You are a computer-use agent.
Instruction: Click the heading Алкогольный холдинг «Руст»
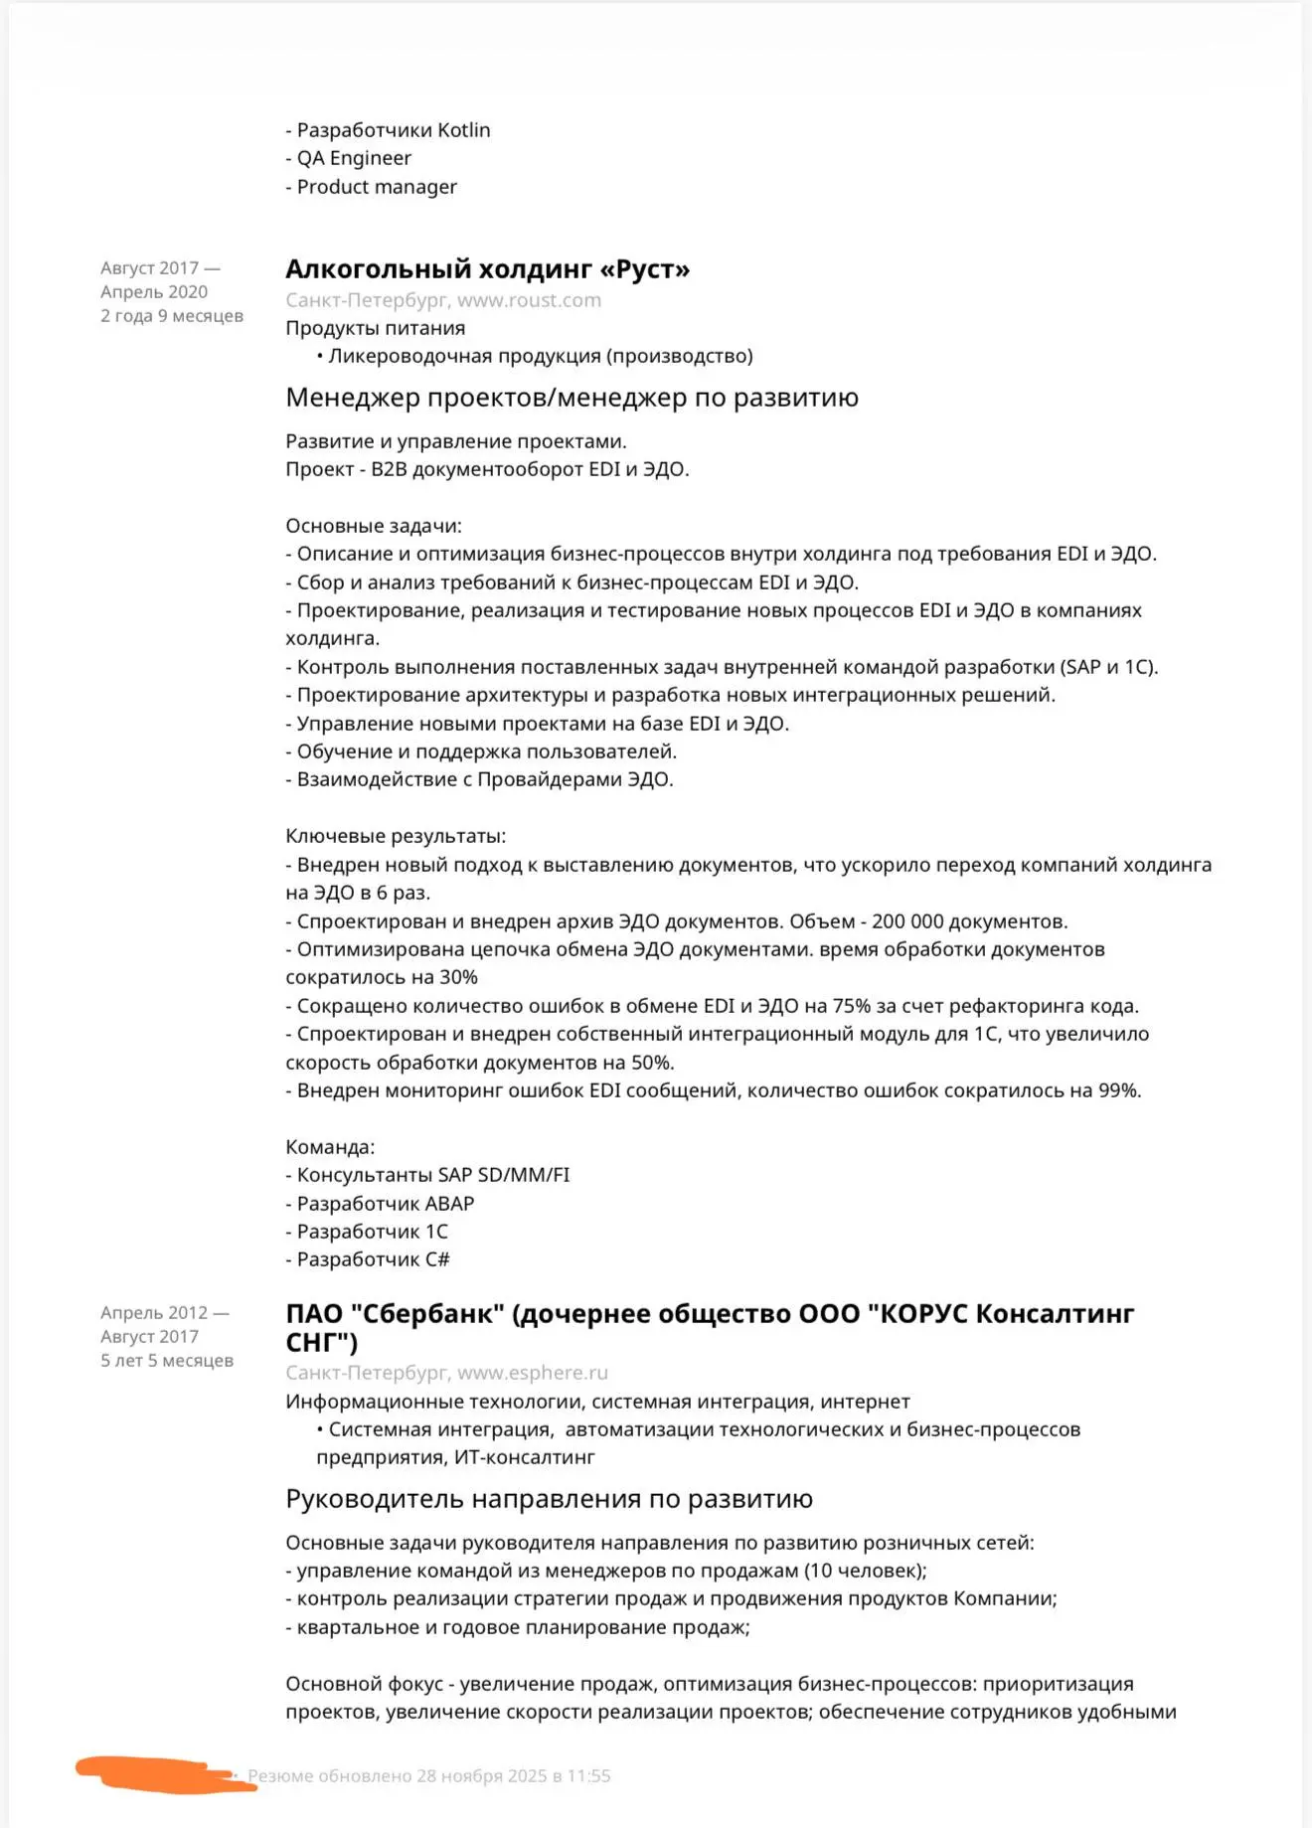click(x=487, y=269)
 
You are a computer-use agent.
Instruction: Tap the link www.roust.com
click(x=529, y=300)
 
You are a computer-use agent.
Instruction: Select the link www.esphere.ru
click(x=532, y=1373)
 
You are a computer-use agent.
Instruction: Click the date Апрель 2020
click(x=154, y=292)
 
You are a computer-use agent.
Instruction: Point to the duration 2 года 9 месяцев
click(x=171, y=316)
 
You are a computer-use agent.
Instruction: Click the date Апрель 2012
click(x=154, y=1313)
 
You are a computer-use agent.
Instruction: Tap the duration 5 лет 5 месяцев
click(x=166, y=1361)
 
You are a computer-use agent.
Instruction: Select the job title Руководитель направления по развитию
click(x=549, y=1499)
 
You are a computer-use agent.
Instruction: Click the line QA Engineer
click(x=353, y=158)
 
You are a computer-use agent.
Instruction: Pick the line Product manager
click(x=376, y=187)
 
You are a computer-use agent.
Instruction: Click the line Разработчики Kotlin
click(x=393, y=130)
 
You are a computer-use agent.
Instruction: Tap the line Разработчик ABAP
click(x=385, y=1204)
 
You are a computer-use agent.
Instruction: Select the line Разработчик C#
click(x=373, y=1259)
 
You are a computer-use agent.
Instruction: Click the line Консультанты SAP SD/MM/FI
click(x=432, y=1175)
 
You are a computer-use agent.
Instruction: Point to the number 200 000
click(x=907, y=921)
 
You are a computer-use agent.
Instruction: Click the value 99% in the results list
click(x=1117, y=1090)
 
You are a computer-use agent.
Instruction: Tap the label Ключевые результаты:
click(x=396, y=836)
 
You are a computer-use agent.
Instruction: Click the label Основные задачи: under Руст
click(x=374, y=526)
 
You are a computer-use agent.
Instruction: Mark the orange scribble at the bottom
click(x=164, y=1774)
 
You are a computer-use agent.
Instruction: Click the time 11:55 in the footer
click(x=588, y=1776)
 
